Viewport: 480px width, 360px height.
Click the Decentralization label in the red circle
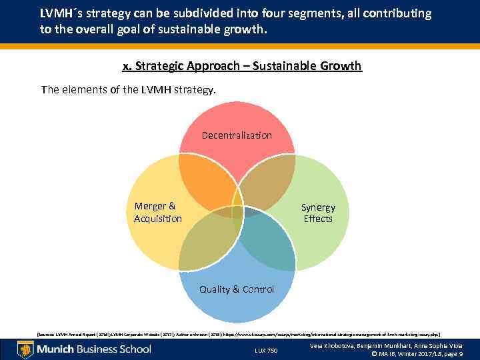pos(237,135)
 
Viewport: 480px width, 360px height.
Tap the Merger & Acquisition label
pos(157,213)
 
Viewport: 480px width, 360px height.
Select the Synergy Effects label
pos(318,213)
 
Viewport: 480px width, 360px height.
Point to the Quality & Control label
pos(237,289)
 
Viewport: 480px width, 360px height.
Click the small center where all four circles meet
pos(237,202)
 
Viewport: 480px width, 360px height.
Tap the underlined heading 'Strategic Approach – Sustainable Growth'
pos(242,66)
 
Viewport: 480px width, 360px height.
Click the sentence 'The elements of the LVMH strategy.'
pos(129,89)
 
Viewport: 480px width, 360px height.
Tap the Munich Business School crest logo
pos(25,349)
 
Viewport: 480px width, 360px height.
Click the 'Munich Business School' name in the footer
pos(93,349)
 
